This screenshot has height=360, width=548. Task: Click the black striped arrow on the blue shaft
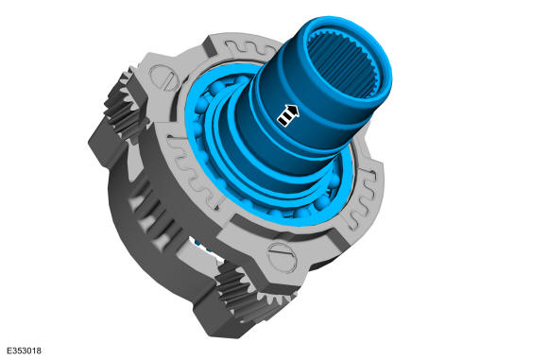click(x=288, y=115)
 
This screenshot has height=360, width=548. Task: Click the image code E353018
click(x=24, y=351)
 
